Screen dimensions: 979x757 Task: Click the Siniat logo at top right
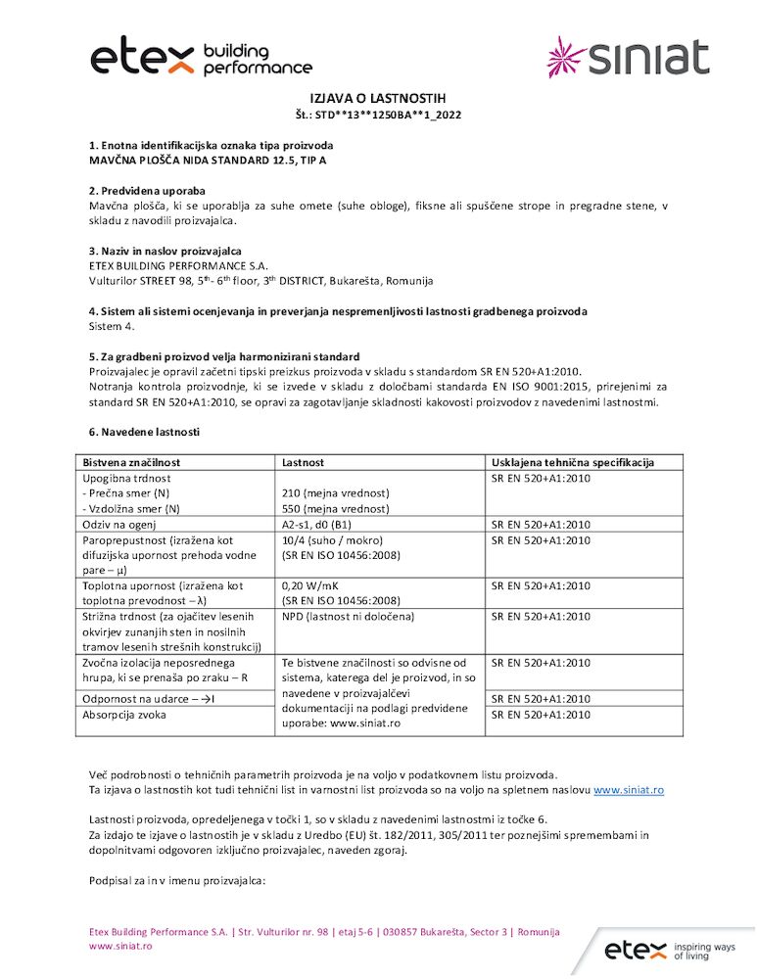[627, 57]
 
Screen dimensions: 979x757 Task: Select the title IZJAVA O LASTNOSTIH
[378, 99]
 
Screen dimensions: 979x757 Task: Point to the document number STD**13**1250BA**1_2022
[378, 116]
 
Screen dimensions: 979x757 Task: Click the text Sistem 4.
[113, 326]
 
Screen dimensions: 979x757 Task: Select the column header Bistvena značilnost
[132, 462]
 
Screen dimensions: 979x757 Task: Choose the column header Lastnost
[303, 462]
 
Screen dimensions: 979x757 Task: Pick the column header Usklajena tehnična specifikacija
[573, 462]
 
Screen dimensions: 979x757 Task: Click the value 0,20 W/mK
[311, 586]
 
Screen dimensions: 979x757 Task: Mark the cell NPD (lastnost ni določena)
[348, 617]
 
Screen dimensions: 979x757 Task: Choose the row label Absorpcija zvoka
[128, 715]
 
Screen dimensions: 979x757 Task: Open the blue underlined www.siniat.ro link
[629, 789]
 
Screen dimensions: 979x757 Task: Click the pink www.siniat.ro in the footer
[120, 947]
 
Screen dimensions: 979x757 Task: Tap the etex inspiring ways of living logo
[668, 949]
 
